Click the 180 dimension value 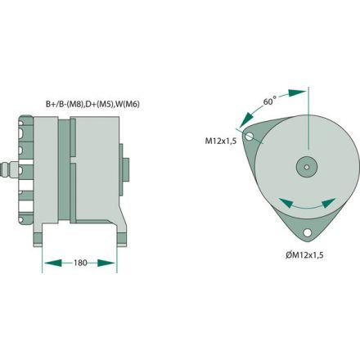79,263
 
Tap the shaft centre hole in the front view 307,166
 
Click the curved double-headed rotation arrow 307,205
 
